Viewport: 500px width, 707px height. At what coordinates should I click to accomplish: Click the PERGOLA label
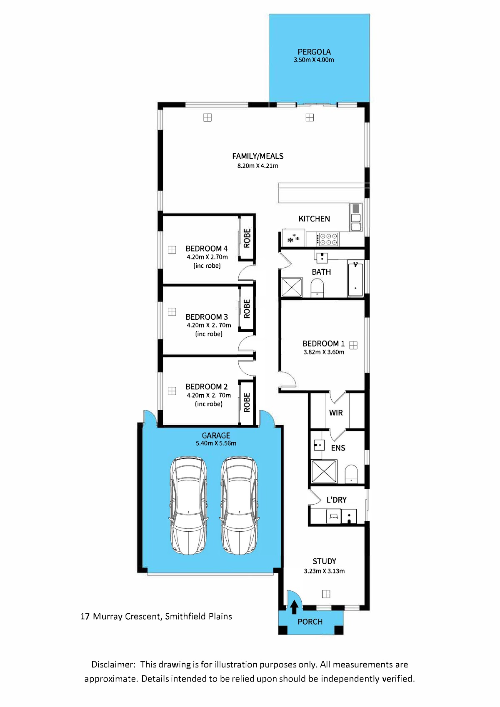point(314,52)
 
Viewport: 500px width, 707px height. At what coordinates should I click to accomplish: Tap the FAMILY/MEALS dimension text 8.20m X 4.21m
point(258,166)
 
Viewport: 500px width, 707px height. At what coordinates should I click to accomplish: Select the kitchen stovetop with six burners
point(327,239)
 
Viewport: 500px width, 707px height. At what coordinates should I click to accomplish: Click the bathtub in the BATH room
point(355,278)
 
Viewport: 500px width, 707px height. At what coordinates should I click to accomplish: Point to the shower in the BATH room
point(292,287)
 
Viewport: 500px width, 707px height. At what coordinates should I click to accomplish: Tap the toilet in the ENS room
point(351,473)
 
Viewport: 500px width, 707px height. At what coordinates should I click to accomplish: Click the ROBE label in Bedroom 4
point(247,238)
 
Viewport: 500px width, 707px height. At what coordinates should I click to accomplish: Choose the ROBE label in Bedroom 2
point(247,402)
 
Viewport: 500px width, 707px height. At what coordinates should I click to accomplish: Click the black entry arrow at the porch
point(294,607)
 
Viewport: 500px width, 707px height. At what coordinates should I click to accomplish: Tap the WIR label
point(336,413)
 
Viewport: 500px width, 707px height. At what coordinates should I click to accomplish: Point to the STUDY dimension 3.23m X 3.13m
point(324,571)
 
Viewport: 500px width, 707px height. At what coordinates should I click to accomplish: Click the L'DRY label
point(336,500)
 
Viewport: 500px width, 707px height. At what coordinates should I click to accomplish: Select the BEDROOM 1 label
point(323,344)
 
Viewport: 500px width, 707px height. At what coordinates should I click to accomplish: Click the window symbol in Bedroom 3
point(172,312)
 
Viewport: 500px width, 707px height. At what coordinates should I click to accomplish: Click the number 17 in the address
point(85,616)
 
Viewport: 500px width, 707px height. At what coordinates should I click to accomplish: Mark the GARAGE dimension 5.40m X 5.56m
point(216,443)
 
